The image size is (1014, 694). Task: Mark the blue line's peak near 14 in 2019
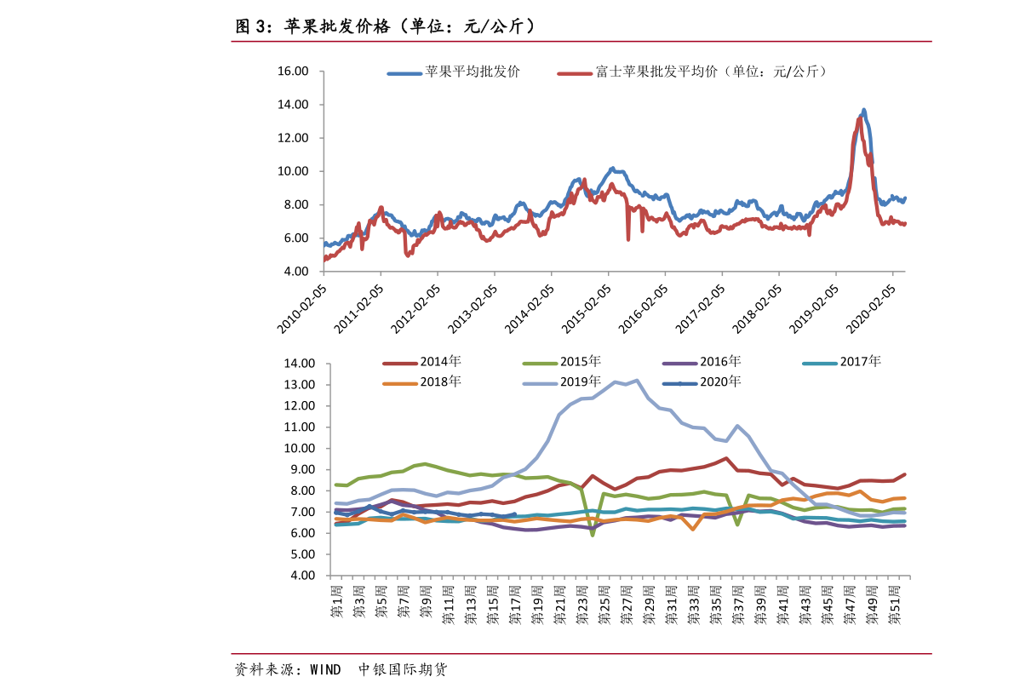point(864,110)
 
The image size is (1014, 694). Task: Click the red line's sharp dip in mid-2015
point(628,238)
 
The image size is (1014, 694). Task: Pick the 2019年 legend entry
point(581,381)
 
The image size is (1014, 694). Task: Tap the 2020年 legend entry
point(720,381)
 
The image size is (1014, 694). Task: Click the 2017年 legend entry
point(860,362)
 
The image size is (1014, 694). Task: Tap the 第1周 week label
point(336,602)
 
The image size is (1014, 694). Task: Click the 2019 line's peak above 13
point(637,380)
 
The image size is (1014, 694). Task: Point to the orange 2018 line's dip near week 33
point(693,530)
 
